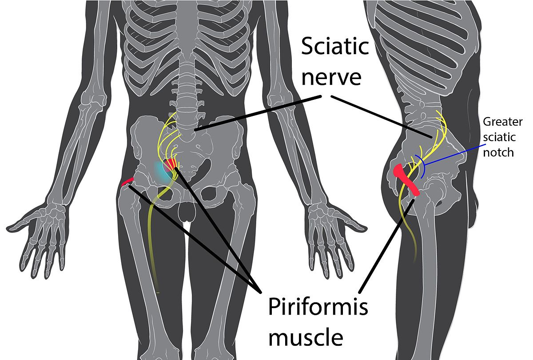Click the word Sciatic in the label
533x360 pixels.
point(335,46)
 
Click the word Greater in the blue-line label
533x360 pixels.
point(502,122)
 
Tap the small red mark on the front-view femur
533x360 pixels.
point(127,181)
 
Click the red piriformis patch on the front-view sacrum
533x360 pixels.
point(170,166)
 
